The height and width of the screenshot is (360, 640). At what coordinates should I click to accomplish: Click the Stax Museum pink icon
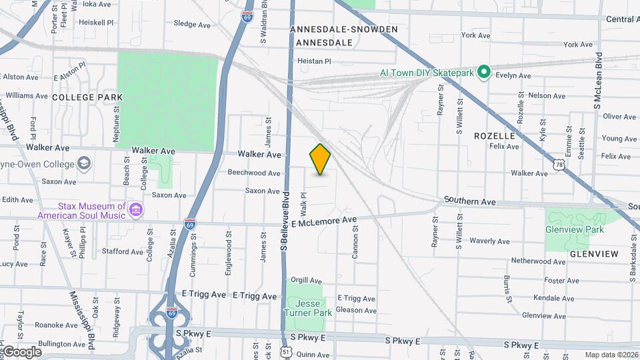[x=136, y=211]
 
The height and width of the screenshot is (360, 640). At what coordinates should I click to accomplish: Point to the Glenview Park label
[x=575, y=229]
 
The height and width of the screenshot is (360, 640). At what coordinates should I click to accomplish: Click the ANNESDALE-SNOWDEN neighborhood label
[x=344, y=29]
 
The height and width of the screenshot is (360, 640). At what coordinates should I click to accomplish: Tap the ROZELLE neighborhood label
[x=495, y=135]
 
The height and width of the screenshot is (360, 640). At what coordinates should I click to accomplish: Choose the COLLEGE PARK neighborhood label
[x=87, y=97]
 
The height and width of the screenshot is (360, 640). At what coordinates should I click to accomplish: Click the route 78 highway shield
[x=559, y=163]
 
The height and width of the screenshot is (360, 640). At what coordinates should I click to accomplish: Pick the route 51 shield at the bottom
[x=286, y=351]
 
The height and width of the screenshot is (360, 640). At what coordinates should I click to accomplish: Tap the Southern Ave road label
[x=470, y=201]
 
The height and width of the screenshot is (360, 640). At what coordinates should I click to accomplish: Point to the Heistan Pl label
[x=314, y=61]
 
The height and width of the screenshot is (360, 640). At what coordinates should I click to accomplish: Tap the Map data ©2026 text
[x=611, y=355]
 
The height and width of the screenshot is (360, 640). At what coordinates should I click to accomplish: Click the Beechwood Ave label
[x=254, y=173]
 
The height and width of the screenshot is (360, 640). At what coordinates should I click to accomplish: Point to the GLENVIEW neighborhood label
[x=593, y=254]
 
